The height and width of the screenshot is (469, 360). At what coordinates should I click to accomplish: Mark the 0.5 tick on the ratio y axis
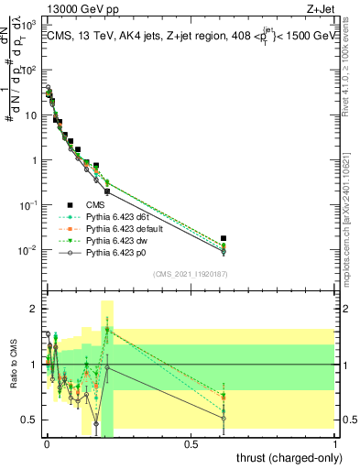pyautogui.click(x=29, y=420)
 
